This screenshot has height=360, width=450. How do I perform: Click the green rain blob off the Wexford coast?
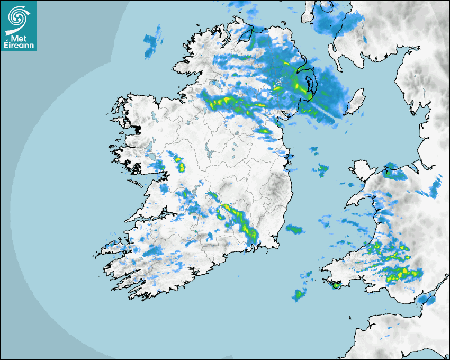294,229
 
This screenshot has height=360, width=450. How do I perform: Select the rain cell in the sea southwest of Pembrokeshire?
301,294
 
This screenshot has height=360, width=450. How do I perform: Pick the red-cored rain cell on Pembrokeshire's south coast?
335,285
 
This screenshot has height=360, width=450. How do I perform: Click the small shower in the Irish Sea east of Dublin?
321,170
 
